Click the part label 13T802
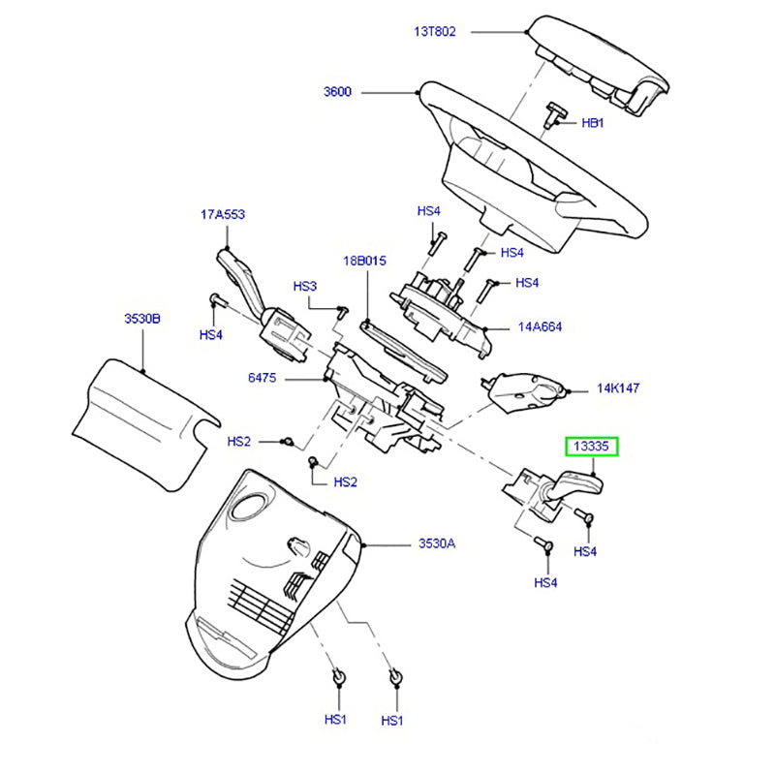pyautogui.click(x=435, y=31)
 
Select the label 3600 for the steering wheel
pyautogui.click(x=338, y=93)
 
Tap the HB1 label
pyautogui.click(x=592, y=124)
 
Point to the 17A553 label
pyautogui.click(x=222, y=215)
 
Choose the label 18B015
pyautogui.click(x=363, y=261)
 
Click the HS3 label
pyautogui.click(x=305, y=287)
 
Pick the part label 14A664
pyautogui.click(x=540, y=327)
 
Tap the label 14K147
pyautogui.click(x=618, y=388)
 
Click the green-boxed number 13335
pyautogui.click(x=591, y=447)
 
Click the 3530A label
pyautogui.click(x=437, y=543)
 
